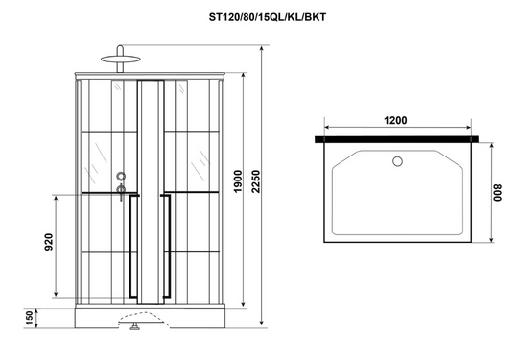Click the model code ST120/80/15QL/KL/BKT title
[x=267, y=17]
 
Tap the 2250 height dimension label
[x=256, y=181]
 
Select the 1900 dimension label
[x=238, y=181]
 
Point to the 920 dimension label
[x=49, y=242]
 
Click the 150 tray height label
[x=30, y=318]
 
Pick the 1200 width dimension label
[x=395, y=120]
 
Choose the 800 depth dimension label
[x=497, y=193]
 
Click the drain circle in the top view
[x=397, y=161]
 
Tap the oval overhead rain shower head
[x=121, y=59]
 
